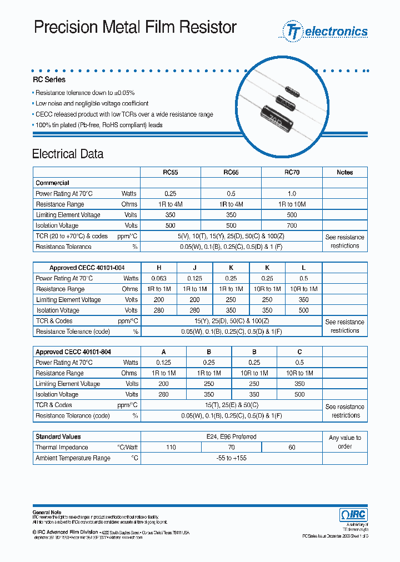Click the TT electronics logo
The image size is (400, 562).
click(326, 31)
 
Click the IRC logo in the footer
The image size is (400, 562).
click(353, 515)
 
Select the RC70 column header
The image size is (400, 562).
click(292, 173)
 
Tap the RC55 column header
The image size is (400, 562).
click(170, 173)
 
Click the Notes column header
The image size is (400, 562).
click(344, 173)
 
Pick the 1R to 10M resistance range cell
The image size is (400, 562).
click(292, 204)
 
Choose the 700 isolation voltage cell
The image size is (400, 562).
click(292, 225)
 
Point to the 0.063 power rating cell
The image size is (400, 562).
click(158, 279)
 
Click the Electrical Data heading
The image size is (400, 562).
click(68, 154)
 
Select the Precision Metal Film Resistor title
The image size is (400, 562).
click(136, 27)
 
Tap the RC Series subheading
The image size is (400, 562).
click(49, 79)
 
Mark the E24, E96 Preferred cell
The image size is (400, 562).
click(231, 437)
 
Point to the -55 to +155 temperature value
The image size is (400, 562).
click(231, 458)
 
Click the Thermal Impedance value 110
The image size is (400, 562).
click(171, 448)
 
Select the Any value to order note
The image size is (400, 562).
click(344, 442)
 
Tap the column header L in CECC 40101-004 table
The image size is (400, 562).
click(303, 268)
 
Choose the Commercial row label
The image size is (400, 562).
click(52, 183)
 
